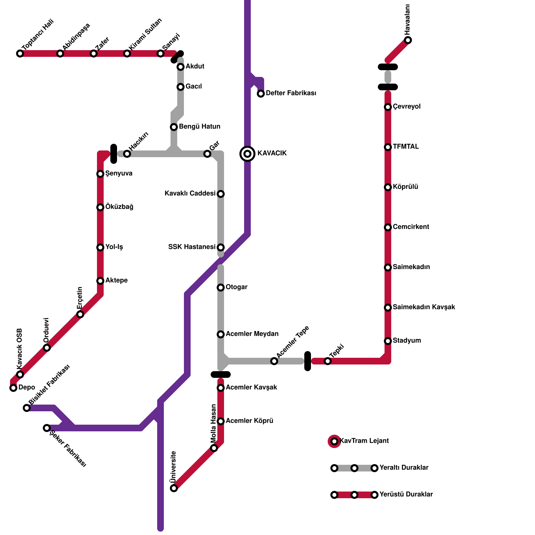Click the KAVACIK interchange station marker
coord(247,153)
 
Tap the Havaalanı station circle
coord(408,40)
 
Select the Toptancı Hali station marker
coord(20,53)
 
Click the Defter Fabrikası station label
coord(291,93)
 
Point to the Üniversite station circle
coord(174,488)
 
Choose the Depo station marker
coord(13,388)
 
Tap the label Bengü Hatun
coord(200,127)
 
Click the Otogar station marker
coord(221,288)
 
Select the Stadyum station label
coord(407,341)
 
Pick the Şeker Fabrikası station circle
coord(47,428)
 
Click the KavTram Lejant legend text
coord(364,441)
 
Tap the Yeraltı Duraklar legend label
coord(404,468)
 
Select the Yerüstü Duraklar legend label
coord(406,495)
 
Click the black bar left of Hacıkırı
coord(114,154)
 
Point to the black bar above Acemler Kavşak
coord(221,374)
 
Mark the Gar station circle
coord(207,154)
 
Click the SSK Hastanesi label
coord(192,247)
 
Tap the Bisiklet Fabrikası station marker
coord(27,408)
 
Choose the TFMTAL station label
coord(406,147)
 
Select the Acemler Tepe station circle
coord(274,361)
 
